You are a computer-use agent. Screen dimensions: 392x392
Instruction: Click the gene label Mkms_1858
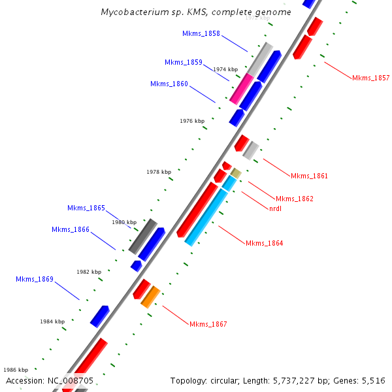coord(201,33)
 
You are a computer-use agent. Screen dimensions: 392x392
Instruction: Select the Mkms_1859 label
coord(184,62)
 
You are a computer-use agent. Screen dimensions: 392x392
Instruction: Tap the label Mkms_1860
coord(169,84)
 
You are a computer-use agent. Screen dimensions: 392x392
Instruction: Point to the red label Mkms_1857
coord(370,78)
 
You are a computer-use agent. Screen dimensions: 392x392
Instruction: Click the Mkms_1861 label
coord(309,176)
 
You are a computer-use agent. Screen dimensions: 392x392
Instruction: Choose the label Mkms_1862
coord(294,199)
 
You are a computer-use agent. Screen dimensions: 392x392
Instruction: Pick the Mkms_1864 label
coord(264,243)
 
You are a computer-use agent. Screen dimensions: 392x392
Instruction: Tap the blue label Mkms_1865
coord(86,208)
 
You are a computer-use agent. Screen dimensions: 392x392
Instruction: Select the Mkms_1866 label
coord(71,229)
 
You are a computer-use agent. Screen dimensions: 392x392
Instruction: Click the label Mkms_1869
coord(35,279)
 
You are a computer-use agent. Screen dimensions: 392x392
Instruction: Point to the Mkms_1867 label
coord(208,324)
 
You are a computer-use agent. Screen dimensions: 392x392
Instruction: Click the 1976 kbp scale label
coord(192,121)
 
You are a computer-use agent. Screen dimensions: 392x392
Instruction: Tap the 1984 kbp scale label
coord(52,321)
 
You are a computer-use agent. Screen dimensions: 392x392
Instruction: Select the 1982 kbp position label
coord(89,272)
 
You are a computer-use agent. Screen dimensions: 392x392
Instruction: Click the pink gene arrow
coord(241,88)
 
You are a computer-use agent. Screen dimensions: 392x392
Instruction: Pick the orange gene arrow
coord(150,297)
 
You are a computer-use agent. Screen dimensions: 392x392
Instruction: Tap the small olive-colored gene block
coord(237,173)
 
